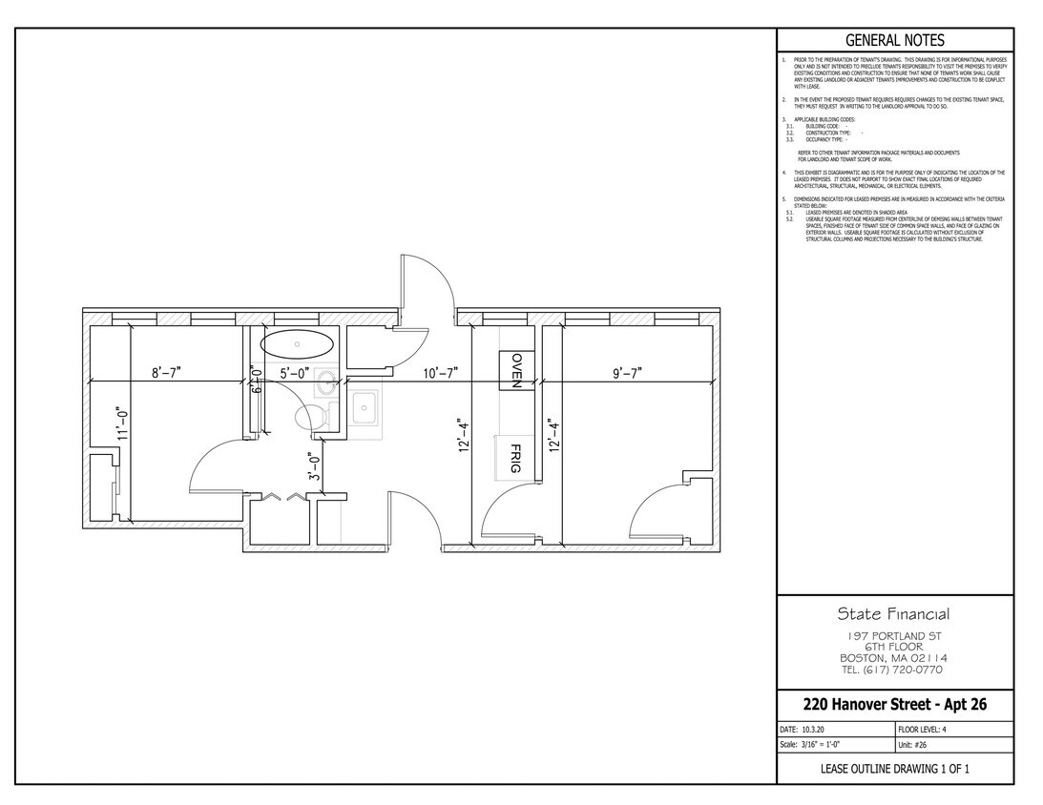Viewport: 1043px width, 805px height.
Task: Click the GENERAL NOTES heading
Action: tap(895, 40)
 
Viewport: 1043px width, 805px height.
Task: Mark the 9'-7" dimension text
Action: tap(627, 373)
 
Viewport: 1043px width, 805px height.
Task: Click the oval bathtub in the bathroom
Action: tap(297, 343)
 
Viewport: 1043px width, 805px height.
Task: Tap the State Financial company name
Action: tap(894, 613)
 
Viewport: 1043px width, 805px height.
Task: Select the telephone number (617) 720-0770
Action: tap(894, 670)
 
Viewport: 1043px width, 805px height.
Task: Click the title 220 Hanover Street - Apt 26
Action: tap(895, 705)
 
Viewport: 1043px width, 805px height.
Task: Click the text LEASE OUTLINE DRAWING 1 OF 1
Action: tap(895, 769)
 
